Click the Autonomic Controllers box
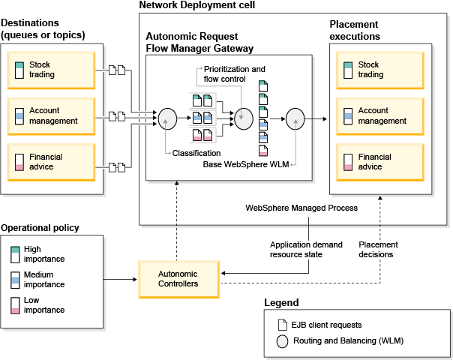click(178, 279)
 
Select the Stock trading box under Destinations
click(52, 69)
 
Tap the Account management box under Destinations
click(52, 115)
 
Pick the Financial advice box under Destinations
click(52, 162)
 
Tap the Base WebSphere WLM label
click(247, 164)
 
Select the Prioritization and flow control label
click(235, 74)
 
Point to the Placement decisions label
click(378, 250)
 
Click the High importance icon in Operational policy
click(16, 253)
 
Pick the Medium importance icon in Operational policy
click(16, 279)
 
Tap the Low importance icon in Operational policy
click(16, 305)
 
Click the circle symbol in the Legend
click(282, 342)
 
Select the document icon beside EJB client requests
click(282, 325)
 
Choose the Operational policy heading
click(40, 228)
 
